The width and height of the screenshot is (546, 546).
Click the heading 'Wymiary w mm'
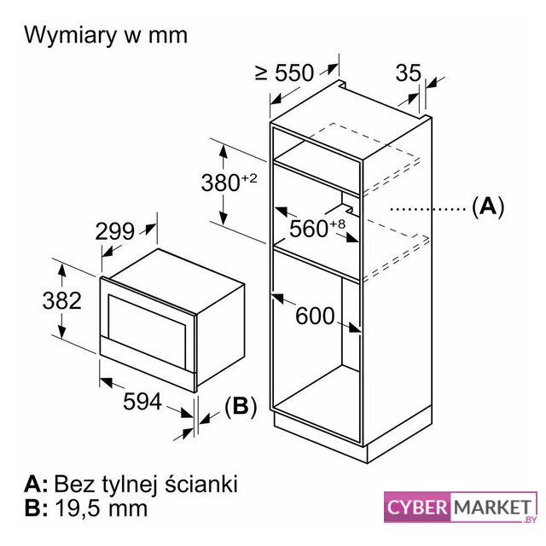(x=106, y=36)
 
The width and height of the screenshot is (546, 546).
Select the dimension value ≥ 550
(x=284, y=73)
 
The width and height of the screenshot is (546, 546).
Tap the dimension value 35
(x=408, y=73)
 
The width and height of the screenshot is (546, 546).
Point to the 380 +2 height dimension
(x=229, y=182)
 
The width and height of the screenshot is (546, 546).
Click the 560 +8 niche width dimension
(x=317, y=228)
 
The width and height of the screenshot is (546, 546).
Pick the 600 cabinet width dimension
(x=315, y=316)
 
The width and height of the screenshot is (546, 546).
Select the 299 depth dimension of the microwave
(x=114, y=231)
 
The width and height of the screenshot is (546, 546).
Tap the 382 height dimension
(x=62, y=300)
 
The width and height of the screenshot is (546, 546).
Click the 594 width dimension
(x=142, y=401)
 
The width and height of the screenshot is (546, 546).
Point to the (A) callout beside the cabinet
(x=488, y=206)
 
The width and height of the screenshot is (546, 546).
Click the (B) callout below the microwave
(x=241, y=406)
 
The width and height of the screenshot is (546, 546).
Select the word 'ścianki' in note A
(x=201, y=484)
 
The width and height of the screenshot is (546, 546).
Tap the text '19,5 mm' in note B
(x=102, y=508)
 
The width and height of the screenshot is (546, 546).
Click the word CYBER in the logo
(x=417, y=507)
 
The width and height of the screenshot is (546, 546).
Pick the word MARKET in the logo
(x=492, y=507)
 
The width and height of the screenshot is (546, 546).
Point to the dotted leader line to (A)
(x=428, y=209)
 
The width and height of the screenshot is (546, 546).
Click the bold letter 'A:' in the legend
(x=36, y=484)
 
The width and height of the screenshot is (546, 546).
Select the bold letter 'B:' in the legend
(x=36, y=508)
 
